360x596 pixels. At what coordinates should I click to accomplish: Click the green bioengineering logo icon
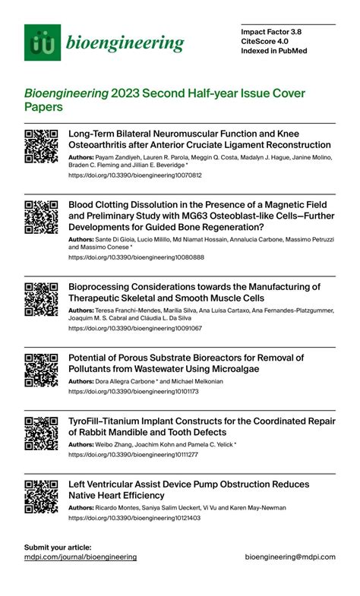[x=43, y=43]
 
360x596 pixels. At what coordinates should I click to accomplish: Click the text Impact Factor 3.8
[x=271, y=33]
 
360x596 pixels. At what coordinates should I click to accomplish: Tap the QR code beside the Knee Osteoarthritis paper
[x=42, y=147]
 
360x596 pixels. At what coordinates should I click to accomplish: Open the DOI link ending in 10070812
[x=135, y=175]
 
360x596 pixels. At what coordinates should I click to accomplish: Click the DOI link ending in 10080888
[x=136, y=257]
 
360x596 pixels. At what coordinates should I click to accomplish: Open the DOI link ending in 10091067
[x=135, y=328]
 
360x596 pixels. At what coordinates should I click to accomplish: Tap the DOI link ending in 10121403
[x=134, y=517]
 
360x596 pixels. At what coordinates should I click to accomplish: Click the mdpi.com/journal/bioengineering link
[x=81, y=557]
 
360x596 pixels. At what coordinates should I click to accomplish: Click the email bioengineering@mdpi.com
[x=290, y=557]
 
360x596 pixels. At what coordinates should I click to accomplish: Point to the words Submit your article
[x=58, y=547]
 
